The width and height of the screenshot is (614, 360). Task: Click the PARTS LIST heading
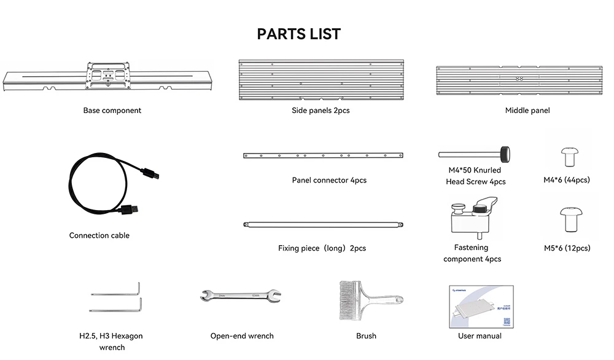click(x=298, y=34)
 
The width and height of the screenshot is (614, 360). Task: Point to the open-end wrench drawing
click(x=240, y=297)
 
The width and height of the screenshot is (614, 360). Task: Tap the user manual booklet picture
click(x=480, y=305)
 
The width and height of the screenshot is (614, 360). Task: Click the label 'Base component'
click(x=112, y=111)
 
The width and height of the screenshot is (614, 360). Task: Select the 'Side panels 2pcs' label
click(x=321, y=111)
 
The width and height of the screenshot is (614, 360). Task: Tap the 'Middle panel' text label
click(x=527, y=111)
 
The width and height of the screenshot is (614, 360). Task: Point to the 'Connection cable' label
click(x=99, y=235)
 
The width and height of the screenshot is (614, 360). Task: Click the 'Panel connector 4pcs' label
click(x=329, y=181)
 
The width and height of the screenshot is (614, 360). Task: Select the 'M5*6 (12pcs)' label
click(x=567, y=248)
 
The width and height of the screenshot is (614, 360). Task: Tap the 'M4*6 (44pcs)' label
click(x=566, y=180)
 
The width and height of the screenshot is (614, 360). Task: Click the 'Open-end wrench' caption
click(x=242, y=336)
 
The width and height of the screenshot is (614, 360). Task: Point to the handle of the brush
click(x=384, y=300)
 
